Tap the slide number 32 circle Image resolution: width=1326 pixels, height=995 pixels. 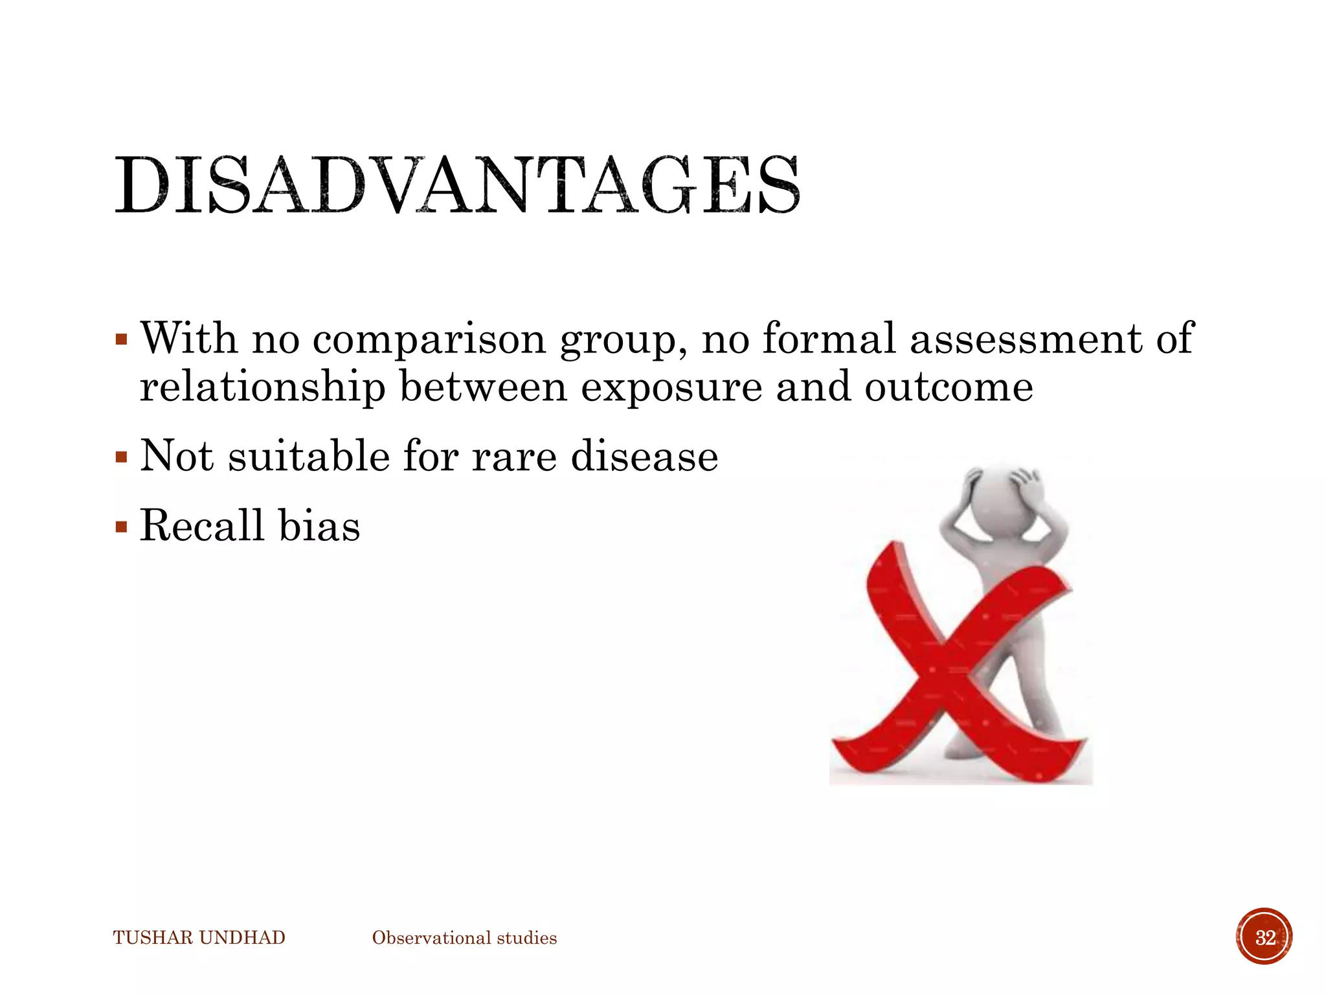1264,937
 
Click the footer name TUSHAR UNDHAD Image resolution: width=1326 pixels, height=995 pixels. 199,938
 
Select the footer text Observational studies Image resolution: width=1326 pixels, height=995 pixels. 464,938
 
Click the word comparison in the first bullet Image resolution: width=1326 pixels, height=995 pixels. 429,339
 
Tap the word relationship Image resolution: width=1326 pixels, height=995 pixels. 262,387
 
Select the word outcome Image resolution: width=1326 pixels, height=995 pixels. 949,387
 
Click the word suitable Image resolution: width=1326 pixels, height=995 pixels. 309,456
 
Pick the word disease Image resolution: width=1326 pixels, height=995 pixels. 644,456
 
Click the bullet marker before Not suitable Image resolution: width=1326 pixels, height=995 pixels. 121,458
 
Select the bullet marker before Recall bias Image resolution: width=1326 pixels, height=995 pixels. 121,527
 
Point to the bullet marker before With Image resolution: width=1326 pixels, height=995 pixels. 121,340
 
